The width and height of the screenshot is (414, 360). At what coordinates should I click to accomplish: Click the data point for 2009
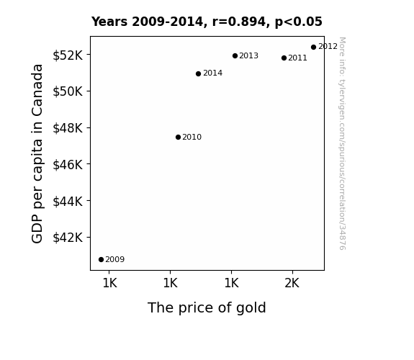point(101,260)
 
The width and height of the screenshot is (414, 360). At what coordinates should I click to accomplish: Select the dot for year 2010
point(178,137)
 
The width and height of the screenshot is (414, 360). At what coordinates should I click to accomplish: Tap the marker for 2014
point(198,73)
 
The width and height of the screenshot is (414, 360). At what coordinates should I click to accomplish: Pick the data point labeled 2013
point(235,55)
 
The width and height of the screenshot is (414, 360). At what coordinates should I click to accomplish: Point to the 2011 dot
point(284,58)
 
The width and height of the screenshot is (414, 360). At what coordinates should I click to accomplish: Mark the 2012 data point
point(313,47)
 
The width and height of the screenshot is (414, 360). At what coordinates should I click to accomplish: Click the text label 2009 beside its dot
point(115,260)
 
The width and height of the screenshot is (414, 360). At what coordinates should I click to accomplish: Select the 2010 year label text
point(192,137)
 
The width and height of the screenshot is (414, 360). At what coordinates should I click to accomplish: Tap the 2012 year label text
point(328,47)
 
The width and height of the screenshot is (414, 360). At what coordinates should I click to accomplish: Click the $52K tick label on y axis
point(68,55)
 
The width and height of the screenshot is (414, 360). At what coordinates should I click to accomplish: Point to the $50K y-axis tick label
point(68,91)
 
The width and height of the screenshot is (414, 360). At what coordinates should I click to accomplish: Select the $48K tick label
point(68,128)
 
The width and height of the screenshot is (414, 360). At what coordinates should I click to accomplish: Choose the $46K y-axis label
point(68,165)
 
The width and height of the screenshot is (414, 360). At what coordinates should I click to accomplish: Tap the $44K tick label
point(68,202)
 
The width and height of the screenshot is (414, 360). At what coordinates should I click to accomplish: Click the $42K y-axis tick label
point(68,238)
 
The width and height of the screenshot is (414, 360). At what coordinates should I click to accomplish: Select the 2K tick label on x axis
point(292,284)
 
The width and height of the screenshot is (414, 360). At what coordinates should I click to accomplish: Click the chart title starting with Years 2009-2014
point(207,22)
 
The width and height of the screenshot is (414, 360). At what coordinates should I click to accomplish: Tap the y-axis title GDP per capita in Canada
point(37,153)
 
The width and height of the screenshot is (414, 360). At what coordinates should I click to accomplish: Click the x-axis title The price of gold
point(207,308)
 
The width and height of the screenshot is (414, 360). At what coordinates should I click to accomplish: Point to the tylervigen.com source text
point(342,143)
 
